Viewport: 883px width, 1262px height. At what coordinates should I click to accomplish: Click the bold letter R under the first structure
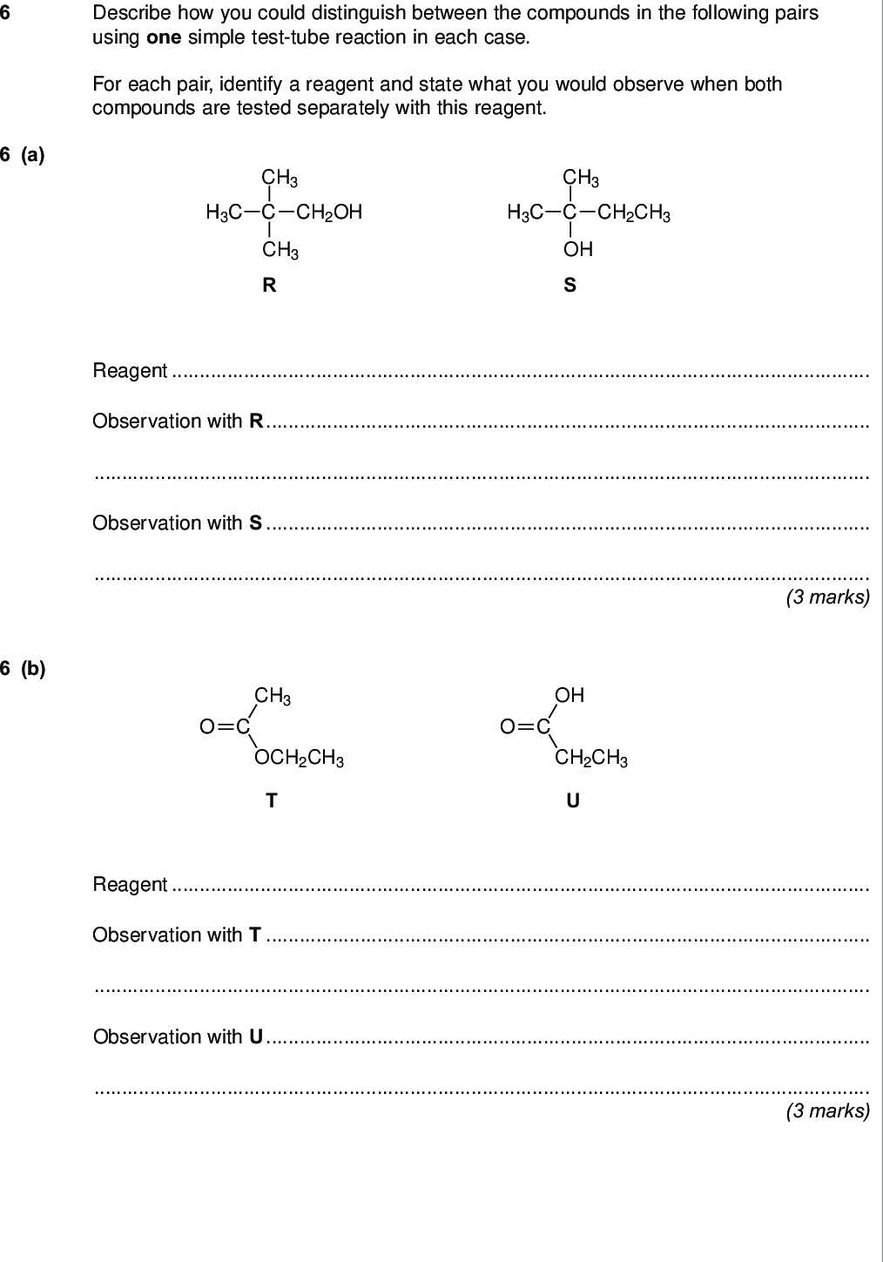point(269,285)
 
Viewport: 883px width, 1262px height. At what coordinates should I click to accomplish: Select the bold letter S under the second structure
point(570,285)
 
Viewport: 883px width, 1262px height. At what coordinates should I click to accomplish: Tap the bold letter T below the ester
point(272,800)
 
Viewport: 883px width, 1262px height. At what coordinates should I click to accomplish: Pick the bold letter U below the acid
point(573,800)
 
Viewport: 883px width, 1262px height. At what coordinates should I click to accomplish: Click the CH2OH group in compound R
point(329,213)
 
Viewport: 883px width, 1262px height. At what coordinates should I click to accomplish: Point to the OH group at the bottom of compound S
point(577,249)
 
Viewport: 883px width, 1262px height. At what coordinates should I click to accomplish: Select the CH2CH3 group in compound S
point(634,213)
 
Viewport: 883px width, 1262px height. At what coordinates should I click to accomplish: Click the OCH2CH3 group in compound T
point(299,758)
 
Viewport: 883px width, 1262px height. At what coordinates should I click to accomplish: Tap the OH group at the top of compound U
point(570,695)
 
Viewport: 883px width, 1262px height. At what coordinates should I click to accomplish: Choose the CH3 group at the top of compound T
point(273,697)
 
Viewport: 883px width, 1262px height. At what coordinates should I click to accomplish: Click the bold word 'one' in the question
point(164,37)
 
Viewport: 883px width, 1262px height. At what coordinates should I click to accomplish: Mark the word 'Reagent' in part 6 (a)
point(130,371)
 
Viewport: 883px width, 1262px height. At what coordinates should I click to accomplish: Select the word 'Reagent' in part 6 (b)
point(130,885)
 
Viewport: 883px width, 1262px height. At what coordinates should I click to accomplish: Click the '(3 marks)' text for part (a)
point(828,597)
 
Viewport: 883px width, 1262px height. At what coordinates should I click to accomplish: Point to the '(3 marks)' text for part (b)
point(828,1110)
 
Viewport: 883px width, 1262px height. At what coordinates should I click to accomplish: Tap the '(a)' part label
point(33,154)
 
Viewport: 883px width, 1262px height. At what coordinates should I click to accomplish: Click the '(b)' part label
point(33,668)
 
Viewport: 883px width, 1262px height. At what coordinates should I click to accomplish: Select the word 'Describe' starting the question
point(127,13)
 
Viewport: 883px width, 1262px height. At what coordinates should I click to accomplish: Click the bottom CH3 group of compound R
point(280,250)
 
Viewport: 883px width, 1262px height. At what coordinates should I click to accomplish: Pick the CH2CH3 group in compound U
point(591,759)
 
